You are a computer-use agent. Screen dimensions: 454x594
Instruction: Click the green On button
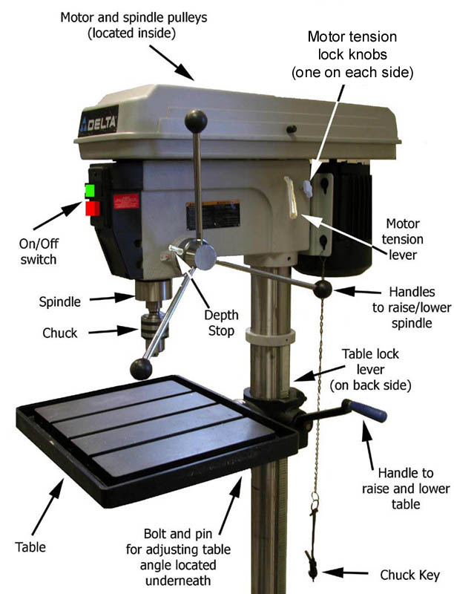90,191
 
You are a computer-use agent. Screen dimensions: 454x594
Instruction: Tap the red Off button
93,209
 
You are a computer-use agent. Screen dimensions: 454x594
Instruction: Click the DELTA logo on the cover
99,122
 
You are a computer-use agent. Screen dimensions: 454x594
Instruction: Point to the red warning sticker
126,201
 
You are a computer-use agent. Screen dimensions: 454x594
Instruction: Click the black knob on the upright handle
196,121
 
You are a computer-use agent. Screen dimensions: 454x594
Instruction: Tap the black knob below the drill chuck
141,369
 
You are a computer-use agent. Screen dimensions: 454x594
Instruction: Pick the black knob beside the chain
323,290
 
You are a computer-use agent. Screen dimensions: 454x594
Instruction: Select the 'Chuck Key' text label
409,575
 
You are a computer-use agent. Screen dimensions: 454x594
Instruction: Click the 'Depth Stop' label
221,323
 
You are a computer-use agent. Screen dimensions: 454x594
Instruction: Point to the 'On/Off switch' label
39,252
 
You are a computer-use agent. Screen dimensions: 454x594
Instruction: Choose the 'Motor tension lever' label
403,239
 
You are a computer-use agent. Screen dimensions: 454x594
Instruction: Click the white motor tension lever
292,198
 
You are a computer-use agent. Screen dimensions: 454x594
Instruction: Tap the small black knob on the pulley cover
292,129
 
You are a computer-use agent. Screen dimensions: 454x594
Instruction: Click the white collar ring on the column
270,336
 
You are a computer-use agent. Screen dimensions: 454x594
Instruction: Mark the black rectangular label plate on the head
213,215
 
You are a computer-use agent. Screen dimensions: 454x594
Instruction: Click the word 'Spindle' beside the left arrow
60,302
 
